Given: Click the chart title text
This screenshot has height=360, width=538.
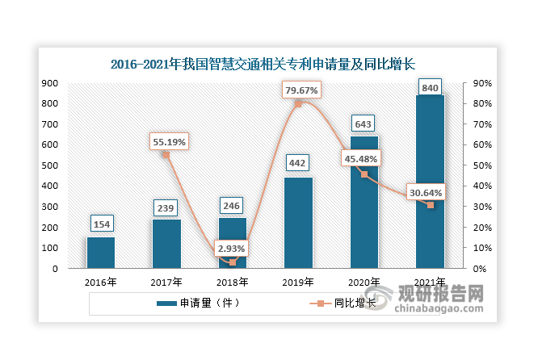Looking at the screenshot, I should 268,63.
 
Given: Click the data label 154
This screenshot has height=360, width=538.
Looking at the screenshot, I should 101,223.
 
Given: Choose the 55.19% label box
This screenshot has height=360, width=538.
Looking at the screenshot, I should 168,142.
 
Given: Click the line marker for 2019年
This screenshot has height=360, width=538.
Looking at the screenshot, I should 298,104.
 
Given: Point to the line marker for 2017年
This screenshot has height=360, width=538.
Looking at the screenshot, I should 166,154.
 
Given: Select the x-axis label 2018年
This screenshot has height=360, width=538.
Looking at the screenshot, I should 232,283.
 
